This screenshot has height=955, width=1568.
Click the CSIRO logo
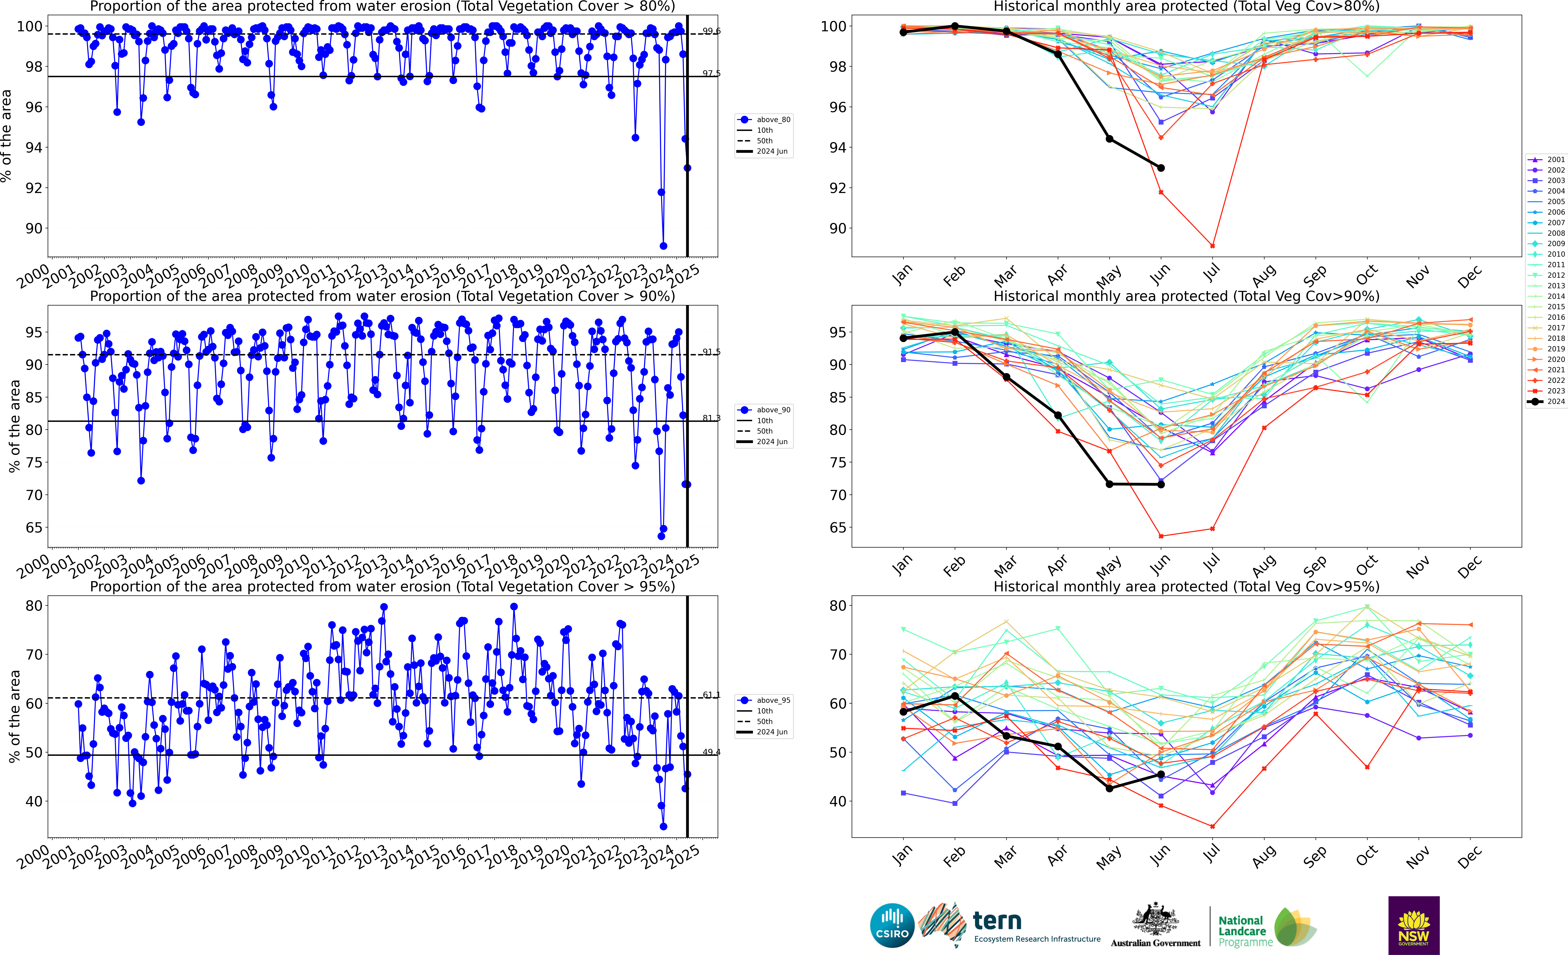point(891,925)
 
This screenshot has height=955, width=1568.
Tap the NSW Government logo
point(1413,925)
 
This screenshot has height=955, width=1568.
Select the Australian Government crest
point(1155,920)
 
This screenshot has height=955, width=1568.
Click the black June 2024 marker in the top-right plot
point(1161,168)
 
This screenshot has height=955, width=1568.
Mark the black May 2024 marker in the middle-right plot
point(1109,484)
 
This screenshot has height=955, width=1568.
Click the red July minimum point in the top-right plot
point(1212,246)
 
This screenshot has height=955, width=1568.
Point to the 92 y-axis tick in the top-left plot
point(34,188)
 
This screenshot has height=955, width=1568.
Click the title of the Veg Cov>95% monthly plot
point(1186,586)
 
